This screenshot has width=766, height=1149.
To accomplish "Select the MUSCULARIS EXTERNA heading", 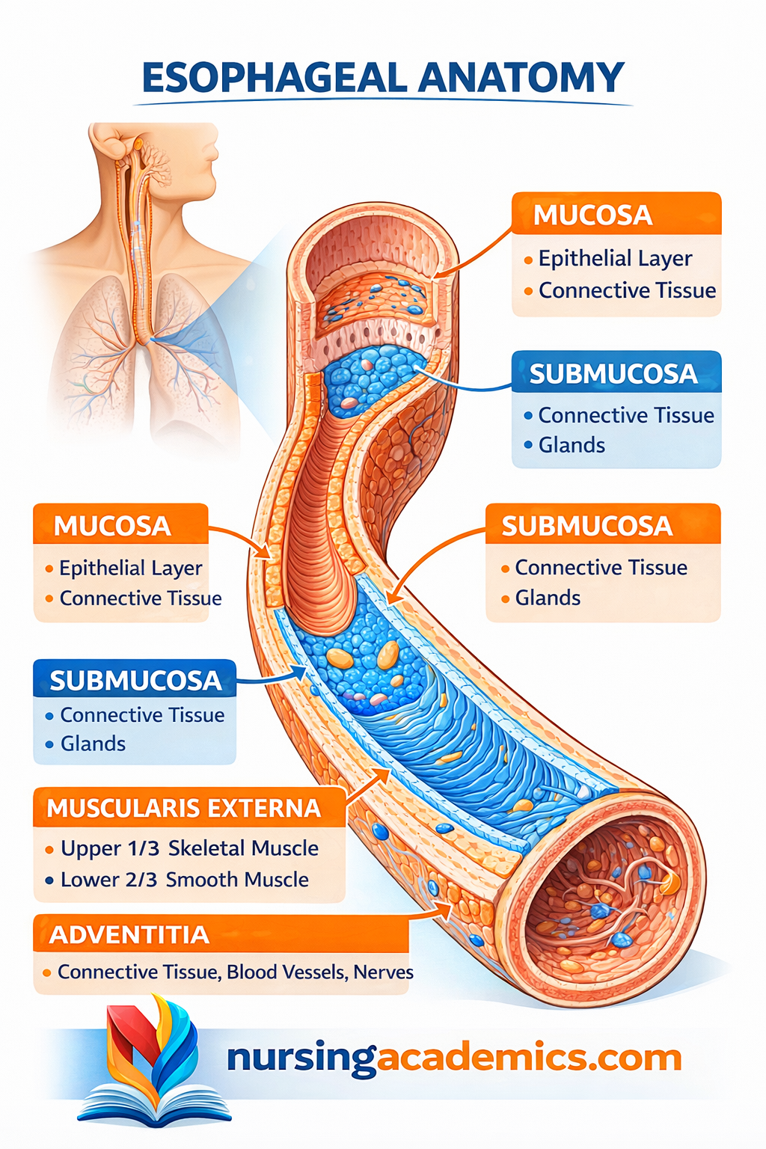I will pyautogui.click(x=183, y=809).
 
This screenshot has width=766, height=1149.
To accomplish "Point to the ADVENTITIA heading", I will pyautogui.click(x=129, y=935).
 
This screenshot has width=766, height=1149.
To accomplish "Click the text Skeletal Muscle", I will pyautogui.click(x=243, y=848).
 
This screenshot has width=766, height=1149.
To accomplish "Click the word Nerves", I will pyautogui.click(x=383, y=972).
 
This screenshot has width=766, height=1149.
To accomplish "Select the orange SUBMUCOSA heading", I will pyautogui.click(x=586, y=527).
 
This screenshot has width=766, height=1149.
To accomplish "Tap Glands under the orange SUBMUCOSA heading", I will pyautogui.click(x=548, y=598).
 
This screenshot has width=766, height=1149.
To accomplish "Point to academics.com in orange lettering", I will pyautogui.click(x=530, y=1058).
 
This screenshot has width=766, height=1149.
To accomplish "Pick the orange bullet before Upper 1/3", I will pyautogui.click(x=49, y=850).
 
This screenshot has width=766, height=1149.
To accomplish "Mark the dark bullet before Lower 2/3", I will pyautogui.click(x=49, y=880).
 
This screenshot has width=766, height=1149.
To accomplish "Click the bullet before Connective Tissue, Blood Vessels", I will pyautogui.click(x=46, y=972).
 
